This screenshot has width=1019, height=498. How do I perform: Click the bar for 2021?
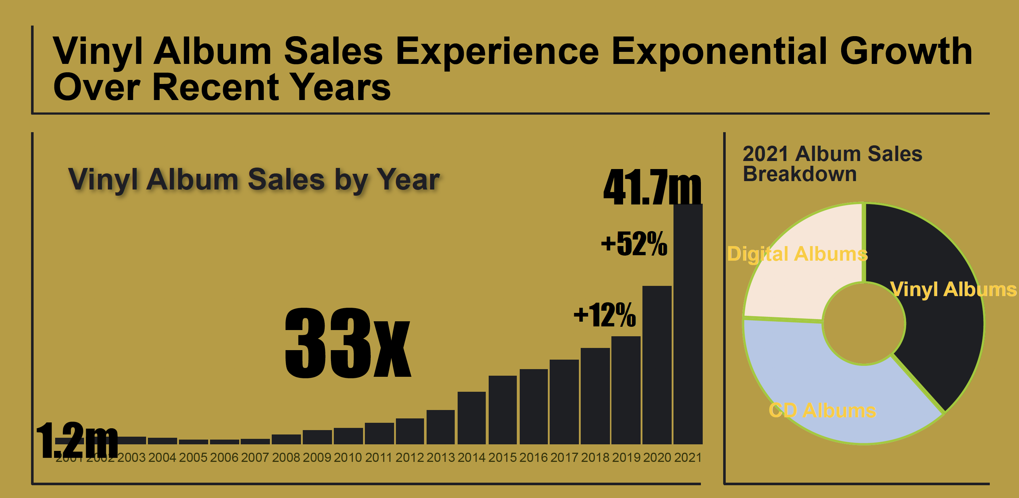(x=688, y=324)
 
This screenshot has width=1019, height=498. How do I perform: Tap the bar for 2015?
(x=503, y=410)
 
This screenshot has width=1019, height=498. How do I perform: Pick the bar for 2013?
(x=440, y=427)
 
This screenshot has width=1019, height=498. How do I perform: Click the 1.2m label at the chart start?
(x=77, y=440)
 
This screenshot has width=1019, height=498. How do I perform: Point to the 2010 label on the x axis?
(x=348, y=457)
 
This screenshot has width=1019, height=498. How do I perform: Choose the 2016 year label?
(x=533, y=457)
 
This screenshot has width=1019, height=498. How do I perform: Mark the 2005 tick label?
(x=193, y=457)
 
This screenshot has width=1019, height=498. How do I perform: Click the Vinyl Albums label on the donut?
(x=953, y=289)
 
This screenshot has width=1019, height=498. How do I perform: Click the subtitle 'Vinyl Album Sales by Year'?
(x=253, y=179)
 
